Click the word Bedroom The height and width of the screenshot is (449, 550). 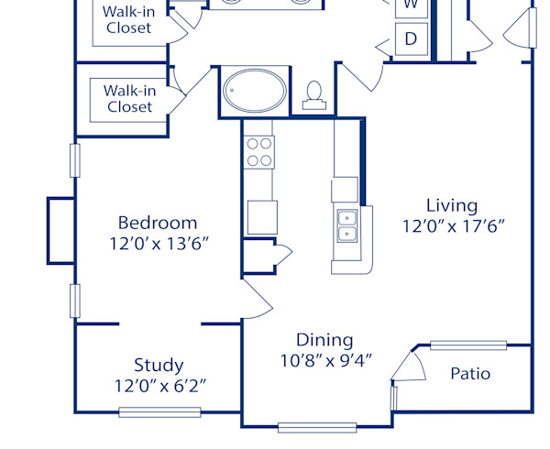coord(157,223)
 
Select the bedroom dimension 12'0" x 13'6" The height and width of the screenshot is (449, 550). coord(157,244)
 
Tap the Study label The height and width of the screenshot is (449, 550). coord(159,365)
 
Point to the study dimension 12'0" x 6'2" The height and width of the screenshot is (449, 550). coord(159,386)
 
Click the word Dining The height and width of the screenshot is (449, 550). coord(324,340)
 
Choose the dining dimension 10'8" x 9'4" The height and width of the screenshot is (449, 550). coord(325,361)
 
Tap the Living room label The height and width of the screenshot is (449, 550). coord(452,204)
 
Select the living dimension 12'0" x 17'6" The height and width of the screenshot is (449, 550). coord(453,225)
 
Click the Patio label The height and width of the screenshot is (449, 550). coord(470,374)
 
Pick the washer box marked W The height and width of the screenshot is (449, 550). coord(412,5)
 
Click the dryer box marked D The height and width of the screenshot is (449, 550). coord(412,38)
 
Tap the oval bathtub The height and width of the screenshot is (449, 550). coord(252,92)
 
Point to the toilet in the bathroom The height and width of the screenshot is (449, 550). coord(314,94)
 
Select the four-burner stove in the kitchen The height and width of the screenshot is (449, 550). coord(259,151)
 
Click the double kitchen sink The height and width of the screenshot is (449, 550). coord(347,226)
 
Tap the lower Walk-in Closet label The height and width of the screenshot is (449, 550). coord(128,98)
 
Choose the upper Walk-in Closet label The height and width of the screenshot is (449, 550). coord(128,19)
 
